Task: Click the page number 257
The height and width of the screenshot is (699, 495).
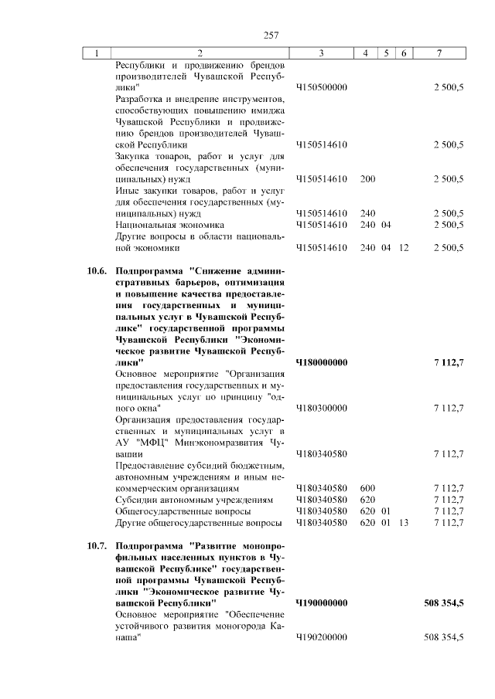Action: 271,35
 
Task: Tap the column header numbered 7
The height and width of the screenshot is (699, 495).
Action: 439,53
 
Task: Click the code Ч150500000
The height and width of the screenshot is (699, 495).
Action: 321,87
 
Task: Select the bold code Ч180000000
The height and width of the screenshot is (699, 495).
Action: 321,361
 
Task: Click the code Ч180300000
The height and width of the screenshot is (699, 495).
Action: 321,407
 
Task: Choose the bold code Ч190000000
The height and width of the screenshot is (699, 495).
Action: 321,602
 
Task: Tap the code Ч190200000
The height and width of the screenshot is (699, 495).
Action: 321,637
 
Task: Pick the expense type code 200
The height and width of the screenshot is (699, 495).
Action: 367,178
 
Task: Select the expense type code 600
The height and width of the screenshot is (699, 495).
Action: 367,488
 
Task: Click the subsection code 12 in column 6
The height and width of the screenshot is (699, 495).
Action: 404,248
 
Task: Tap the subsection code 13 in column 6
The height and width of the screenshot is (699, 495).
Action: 404,523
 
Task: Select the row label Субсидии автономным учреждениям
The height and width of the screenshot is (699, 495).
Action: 193,500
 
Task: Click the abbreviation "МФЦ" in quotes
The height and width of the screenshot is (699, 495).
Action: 152,443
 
